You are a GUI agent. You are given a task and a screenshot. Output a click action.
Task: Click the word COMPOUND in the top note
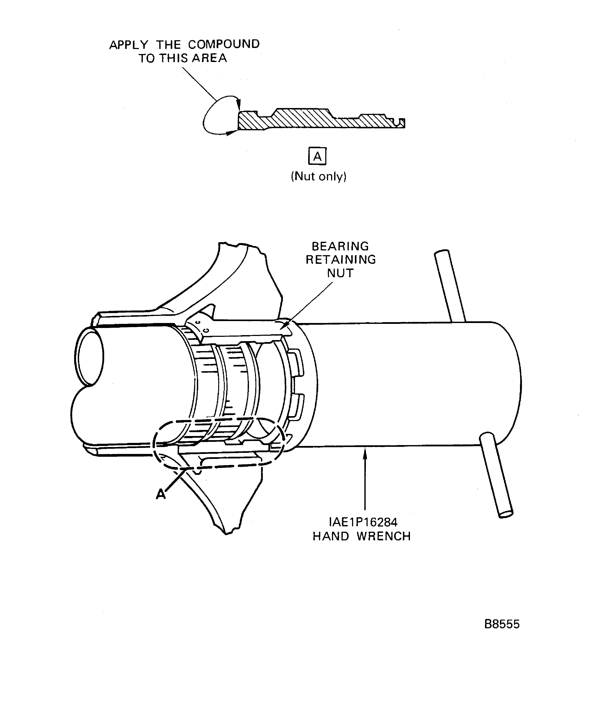[x=224, y=44]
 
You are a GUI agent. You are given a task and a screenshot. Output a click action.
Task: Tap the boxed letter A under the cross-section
[x=317, y=156]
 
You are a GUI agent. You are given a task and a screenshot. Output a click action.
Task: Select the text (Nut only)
[x=318, y=176]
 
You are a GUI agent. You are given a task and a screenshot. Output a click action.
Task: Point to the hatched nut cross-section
[x=302, y=120]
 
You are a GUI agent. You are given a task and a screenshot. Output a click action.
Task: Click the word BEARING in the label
[x=340, y=246]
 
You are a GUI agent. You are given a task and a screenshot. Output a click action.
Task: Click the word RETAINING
[x=341, y=260]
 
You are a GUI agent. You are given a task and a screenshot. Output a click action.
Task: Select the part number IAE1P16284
[x=363, y=522]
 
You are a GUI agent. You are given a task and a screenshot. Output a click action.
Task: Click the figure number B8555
[x=502, y=624]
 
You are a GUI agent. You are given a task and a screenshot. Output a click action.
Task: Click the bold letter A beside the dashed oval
[x=161, y=494]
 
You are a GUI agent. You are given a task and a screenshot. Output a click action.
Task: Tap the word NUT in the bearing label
[x=340, y=273]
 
